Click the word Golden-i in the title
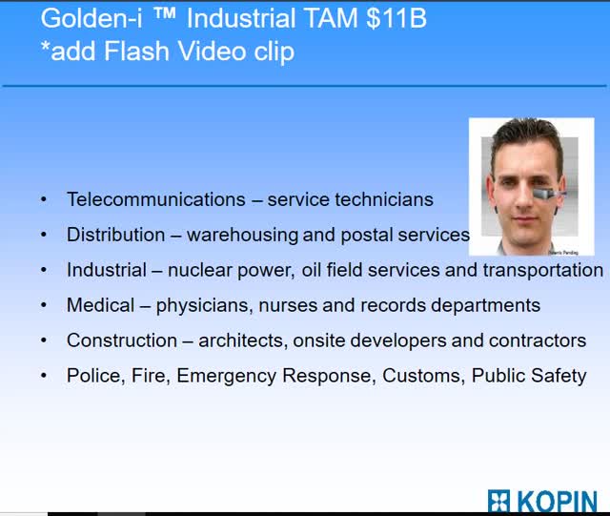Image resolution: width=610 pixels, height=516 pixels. pyautogui.click(x=91, y=19)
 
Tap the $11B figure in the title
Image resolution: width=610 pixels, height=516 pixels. pyautogui.click(x=396, y=18)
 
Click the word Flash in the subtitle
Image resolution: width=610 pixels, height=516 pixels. pyautogui.click(x=136, y=51)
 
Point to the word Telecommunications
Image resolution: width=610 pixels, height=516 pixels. pyautogui.click(x=156, y=199)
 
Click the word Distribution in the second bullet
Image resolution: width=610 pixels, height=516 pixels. pyautogui.click(x=116, y=235)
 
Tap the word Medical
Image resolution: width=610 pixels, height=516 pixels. pyautogui.click(x=100, y=305)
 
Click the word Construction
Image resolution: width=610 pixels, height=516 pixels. pyautogui.click(x=122, y=341)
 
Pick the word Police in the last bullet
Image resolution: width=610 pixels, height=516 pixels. pyautogui.click(x=95, y=376)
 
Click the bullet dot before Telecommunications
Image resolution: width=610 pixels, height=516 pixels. pyautogui.click(x=44, y=199)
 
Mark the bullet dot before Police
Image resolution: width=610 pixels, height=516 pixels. pyautogui.click(x=44, y=376)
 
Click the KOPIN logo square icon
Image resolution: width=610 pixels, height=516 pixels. pyautogui.click(x=498, y=501)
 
